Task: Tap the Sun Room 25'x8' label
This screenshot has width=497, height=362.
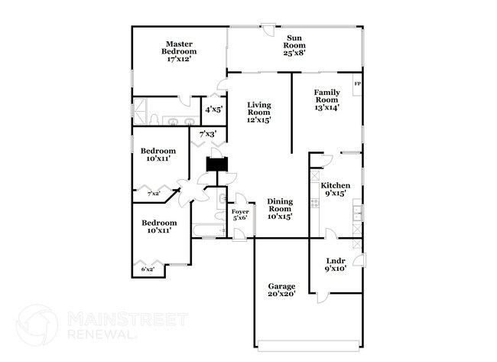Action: [x=295, y=44]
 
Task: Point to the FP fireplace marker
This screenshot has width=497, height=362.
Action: [x=357, y=83]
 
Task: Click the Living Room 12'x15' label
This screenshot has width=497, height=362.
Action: [x=259, y=112]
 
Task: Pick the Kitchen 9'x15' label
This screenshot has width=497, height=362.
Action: [x=335, y=189]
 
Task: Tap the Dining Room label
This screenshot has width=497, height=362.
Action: [x=280, y=208]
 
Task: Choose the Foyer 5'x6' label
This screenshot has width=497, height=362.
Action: [x=240, y=214]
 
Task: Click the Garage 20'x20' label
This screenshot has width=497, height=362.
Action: [x=281, y=289]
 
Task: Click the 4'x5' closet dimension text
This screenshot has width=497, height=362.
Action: [x=213, y=109]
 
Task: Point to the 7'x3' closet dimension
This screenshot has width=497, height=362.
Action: [x=208, y=135]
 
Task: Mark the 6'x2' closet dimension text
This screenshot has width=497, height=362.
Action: [x=148, y=269]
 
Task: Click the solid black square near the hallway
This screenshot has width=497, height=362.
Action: [x=218, y=164]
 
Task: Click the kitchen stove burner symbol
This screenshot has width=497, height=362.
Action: [x=313, y=204]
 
